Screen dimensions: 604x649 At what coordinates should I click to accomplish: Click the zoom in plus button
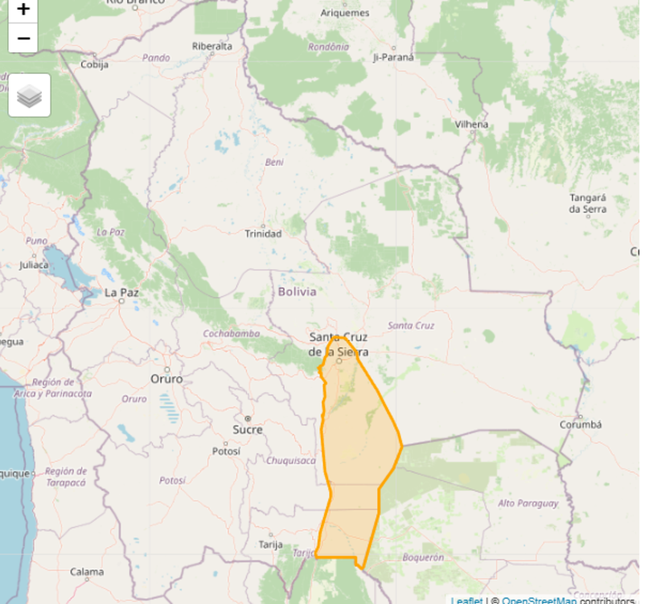click(23, 10)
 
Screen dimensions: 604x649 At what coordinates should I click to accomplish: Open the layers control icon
click(30, 96)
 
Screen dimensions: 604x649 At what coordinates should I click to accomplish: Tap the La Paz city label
click(121, 293)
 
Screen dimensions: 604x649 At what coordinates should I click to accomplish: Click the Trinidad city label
click(263, 234)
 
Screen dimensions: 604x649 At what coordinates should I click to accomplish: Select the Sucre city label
click(248, 429)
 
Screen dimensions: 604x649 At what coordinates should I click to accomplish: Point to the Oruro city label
click(166, 379)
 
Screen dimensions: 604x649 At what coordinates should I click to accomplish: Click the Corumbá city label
click(581, 425)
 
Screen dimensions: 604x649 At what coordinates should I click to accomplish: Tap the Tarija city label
click(270, 544)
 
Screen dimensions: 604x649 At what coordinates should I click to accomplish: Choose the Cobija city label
click(95, 65)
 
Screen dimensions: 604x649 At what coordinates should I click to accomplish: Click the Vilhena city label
click(471, 125)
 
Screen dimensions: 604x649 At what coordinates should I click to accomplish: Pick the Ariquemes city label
click(345, 13)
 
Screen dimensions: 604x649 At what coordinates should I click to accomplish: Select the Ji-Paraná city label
click(393, 58)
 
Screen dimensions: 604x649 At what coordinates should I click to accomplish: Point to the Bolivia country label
click(297, 291)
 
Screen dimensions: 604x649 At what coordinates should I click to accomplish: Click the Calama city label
click(86, 572)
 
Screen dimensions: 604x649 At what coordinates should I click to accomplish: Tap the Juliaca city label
click(35, 264)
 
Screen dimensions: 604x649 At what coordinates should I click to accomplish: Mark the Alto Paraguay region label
click(528, 503)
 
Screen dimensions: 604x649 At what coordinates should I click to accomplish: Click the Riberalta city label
click(212, 46)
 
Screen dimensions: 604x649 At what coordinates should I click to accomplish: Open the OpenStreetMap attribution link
click(539, 600)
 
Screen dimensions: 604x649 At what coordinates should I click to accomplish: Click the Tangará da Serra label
click(587, 203)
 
